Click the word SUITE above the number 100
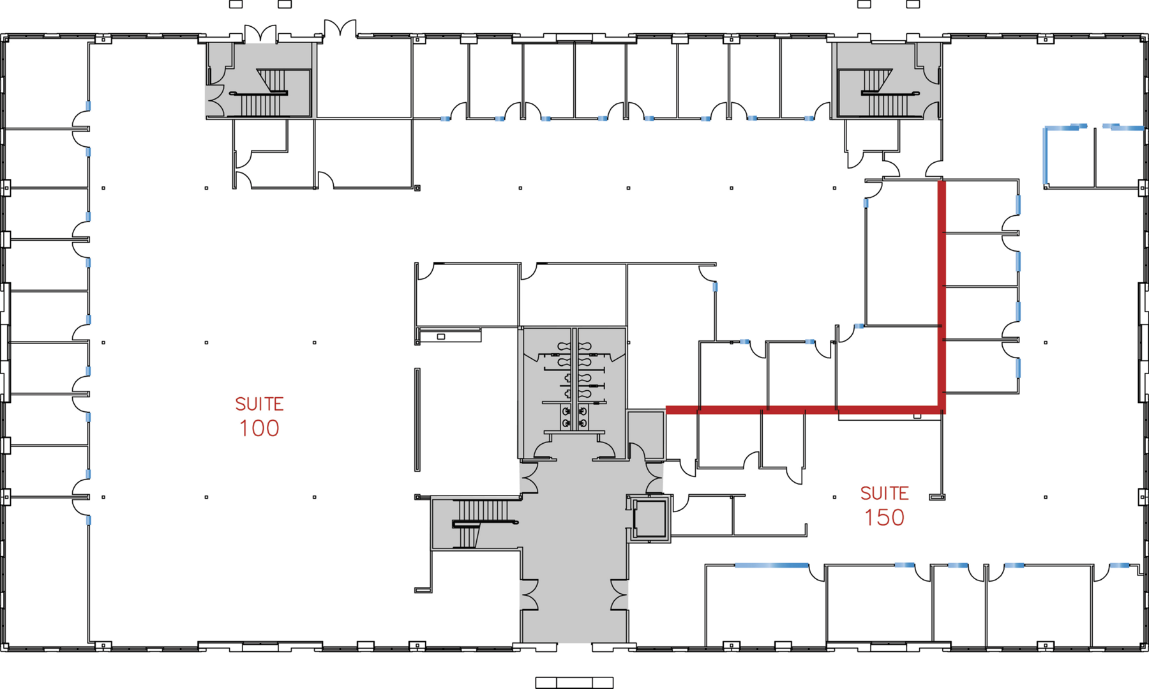coord(259,404)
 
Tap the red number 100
coord(259,428)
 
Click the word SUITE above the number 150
coord(884,494)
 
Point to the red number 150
coord(884,518)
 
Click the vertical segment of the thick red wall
coord(942,294)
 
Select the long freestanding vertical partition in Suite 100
coord(417,420)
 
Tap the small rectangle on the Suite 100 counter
coord(441,337)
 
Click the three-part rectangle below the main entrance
coord(574,683)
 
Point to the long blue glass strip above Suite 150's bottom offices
coord(771,566)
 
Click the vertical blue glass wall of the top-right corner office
coord(1046,156)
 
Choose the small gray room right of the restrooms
coord(646,434)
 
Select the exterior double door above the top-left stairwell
coord(260,33)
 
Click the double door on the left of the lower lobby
coord(530,594)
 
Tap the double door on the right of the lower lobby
coord(619,594)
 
